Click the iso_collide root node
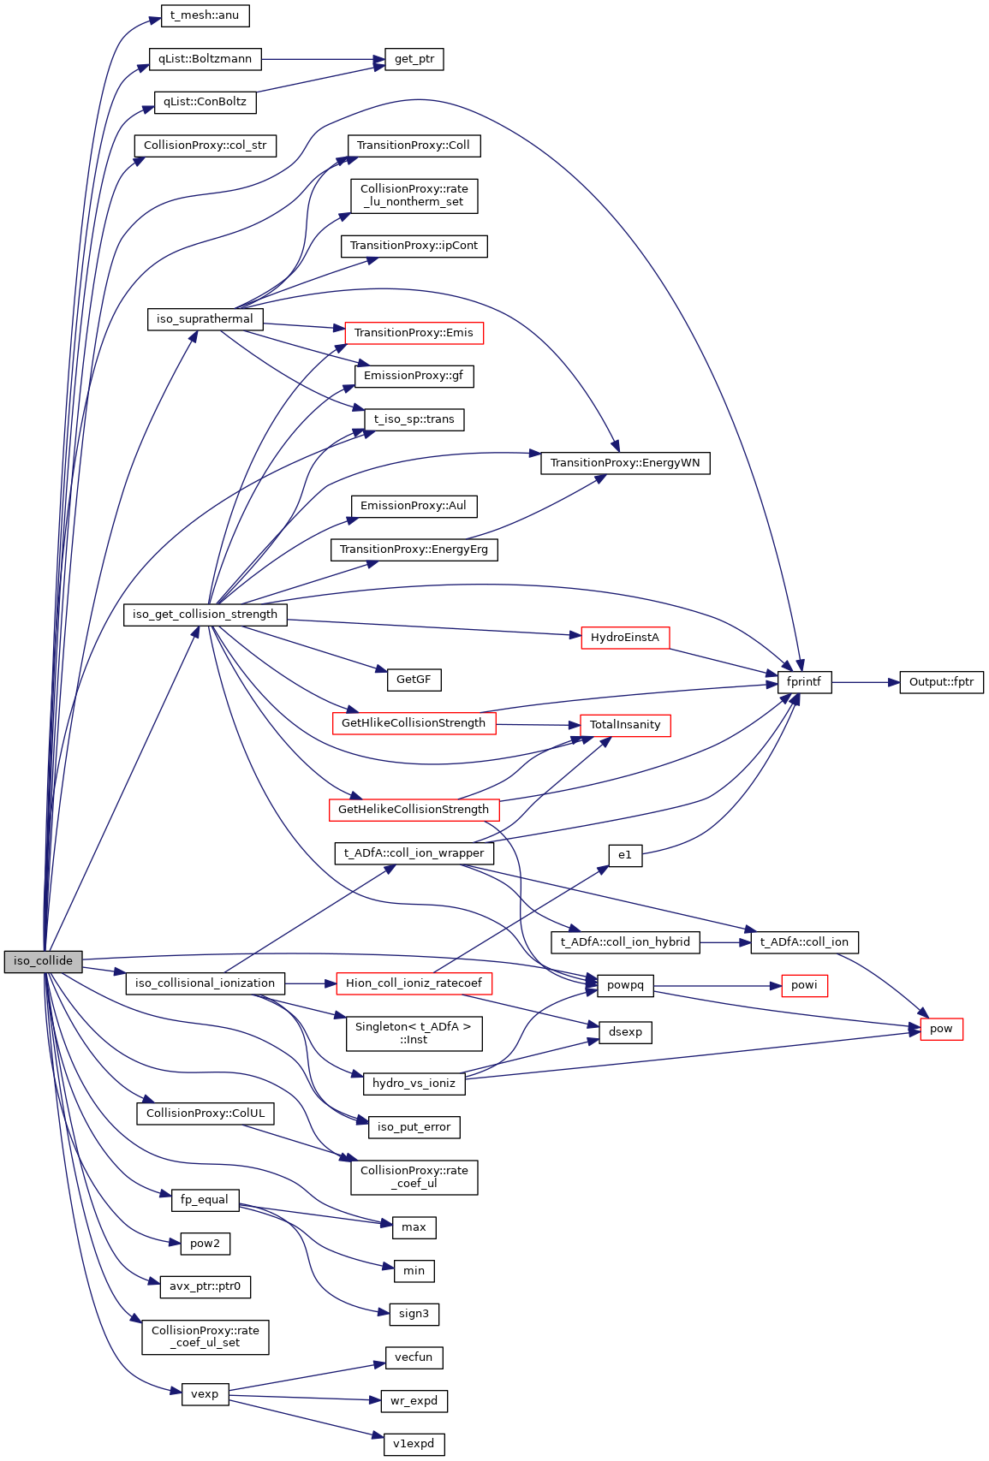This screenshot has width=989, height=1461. tap(43, 961)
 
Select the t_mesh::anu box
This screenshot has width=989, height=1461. tap(205, 15)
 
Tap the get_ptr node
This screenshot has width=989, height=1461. tap(414, 59)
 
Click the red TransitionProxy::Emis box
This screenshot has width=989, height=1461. tap(414, 333)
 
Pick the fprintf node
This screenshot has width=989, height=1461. tap(804, 682)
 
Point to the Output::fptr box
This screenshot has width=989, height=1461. tap(941, 682)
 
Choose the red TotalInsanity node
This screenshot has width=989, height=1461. tap(625, 725)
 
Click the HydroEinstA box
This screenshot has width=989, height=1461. tap(625, 638)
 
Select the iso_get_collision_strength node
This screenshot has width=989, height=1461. tap(205, 615)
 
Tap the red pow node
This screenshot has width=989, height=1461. tap(941, 1029)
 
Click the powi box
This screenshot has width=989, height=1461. tap(804, 985)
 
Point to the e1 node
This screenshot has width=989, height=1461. tap(625, 855)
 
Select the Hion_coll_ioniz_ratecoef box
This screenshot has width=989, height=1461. tap(414, 983)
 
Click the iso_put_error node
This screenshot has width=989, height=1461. tap(414, 1127)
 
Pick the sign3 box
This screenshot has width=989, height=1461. tap(414, 1314)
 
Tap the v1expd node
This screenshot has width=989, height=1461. tap(414, 1444)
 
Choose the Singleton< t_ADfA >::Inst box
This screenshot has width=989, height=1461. tap(414, 1033)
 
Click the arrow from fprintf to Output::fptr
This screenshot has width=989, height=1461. tap(865, 682)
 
